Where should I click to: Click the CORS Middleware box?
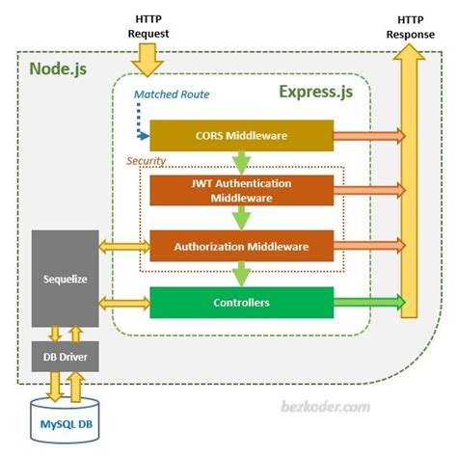pyautogui.click(x=240, y=137)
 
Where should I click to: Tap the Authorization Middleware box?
pyautogui.click(x=240, y=247)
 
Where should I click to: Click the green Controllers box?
pyautogui.click(x=240, y=303)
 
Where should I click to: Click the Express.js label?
pyautogui.click(x=315, y=92)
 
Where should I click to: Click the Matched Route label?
pyautogui.click(x=173, y=94)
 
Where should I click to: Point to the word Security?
pyautogui.click(x=148, y=161)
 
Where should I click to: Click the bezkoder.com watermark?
pyautogui.click(x=326, y=408)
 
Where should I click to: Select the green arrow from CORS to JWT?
pyautogui.click(x=240, y=160)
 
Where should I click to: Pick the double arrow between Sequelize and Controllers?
pyautogui.click(x=122, y=304)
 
